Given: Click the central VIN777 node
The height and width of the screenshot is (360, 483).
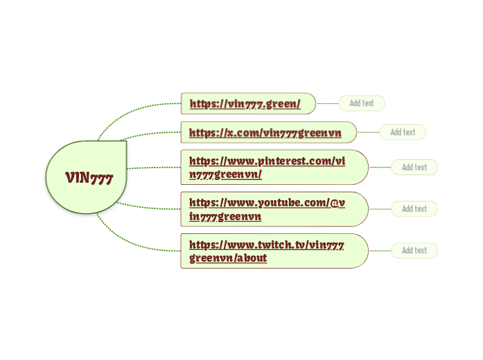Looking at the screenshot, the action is point(88,177).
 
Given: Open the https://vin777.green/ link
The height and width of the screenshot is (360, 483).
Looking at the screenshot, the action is point(245,104).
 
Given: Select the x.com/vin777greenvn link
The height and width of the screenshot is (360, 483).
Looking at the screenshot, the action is point(265,132).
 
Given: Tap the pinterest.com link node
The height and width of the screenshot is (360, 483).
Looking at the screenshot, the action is point(267,167).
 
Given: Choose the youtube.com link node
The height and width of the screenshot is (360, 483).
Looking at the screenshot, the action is point(267,209).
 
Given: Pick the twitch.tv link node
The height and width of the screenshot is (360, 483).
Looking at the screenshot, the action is point(267,251).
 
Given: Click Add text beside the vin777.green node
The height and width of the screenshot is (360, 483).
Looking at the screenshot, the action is point(361,103).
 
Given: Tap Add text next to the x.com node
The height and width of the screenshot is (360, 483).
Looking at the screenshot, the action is point(403,132).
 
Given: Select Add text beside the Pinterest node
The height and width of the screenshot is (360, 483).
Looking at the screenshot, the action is point(414,167).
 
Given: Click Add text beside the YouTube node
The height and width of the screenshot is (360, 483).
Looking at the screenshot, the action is point(414,208).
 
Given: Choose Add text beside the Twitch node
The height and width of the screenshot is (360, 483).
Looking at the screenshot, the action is point(414,250).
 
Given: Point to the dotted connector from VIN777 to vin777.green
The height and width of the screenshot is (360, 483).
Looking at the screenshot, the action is point(132,108).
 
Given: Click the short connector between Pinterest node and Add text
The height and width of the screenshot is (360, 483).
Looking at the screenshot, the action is point(380,167).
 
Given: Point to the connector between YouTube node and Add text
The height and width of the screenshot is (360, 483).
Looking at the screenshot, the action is point(380,208).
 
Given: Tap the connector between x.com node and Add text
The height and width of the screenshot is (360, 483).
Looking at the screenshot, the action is point(368,132).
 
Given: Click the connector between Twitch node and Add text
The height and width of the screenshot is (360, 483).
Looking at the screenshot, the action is point(380,250).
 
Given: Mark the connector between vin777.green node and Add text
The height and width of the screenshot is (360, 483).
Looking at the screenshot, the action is point(327,103).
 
